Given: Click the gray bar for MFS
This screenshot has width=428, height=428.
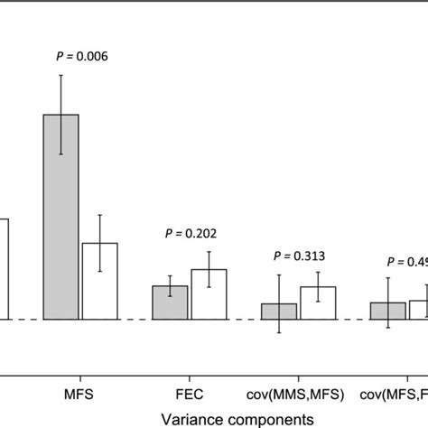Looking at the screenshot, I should pos(60,217).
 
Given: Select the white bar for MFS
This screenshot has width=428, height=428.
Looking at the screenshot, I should pos(99,281).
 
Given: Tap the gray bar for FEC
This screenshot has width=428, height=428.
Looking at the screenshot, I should pos(171,302).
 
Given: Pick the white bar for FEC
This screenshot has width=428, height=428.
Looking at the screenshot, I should pos(209,294).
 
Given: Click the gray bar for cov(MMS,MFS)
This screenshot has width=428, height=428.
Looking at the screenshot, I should pos(279,312).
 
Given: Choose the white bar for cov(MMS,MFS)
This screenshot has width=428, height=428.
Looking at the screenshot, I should pos(318,303).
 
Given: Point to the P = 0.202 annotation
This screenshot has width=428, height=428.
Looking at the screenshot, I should pos(191,232).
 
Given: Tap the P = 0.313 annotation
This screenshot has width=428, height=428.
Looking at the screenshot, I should pos(299,256).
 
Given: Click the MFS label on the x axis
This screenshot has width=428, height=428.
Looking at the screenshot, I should pos(79,394).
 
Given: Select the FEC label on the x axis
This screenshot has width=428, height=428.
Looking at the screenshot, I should pos(190,394).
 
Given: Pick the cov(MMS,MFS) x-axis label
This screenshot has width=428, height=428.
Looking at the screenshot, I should pos(299,394).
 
